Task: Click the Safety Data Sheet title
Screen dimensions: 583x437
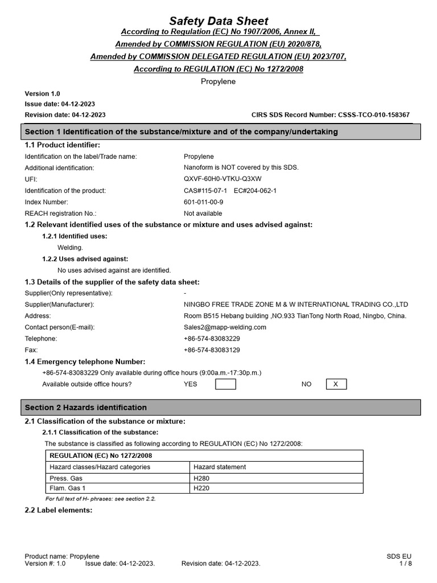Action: (x=218, y=21)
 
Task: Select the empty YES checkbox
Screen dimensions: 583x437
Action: (x=225, y=384)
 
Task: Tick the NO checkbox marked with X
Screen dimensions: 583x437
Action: (x=336, y=384)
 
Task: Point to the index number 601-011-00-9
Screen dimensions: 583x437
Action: (x=204, y=202)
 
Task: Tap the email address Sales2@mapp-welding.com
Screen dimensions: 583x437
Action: (x=225, y=327)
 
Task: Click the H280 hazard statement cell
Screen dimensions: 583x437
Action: (x=202, y=478)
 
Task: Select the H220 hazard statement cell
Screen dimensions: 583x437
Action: (x=202, y=488)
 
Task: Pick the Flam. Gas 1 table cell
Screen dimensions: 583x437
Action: (x=68, y=488)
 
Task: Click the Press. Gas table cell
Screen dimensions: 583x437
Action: (x=66, y=478)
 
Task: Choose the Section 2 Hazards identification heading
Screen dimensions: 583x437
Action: (x=86, y=408)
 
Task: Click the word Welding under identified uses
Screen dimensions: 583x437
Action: (x=70, y=248)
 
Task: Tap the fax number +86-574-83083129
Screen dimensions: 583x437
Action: (x=212, y=350)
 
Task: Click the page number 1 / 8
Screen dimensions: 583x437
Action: (x=405, y=564)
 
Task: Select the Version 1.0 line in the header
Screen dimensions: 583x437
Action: (x=42, y=93)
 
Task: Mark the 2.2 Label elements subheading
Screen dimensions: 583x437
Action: (x=58, y=510)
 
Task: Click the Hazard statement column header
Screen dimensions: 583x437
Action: (x=220, y=467)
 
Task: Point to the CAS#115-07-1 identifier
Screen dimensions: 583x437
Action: (x=205, y=190)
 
